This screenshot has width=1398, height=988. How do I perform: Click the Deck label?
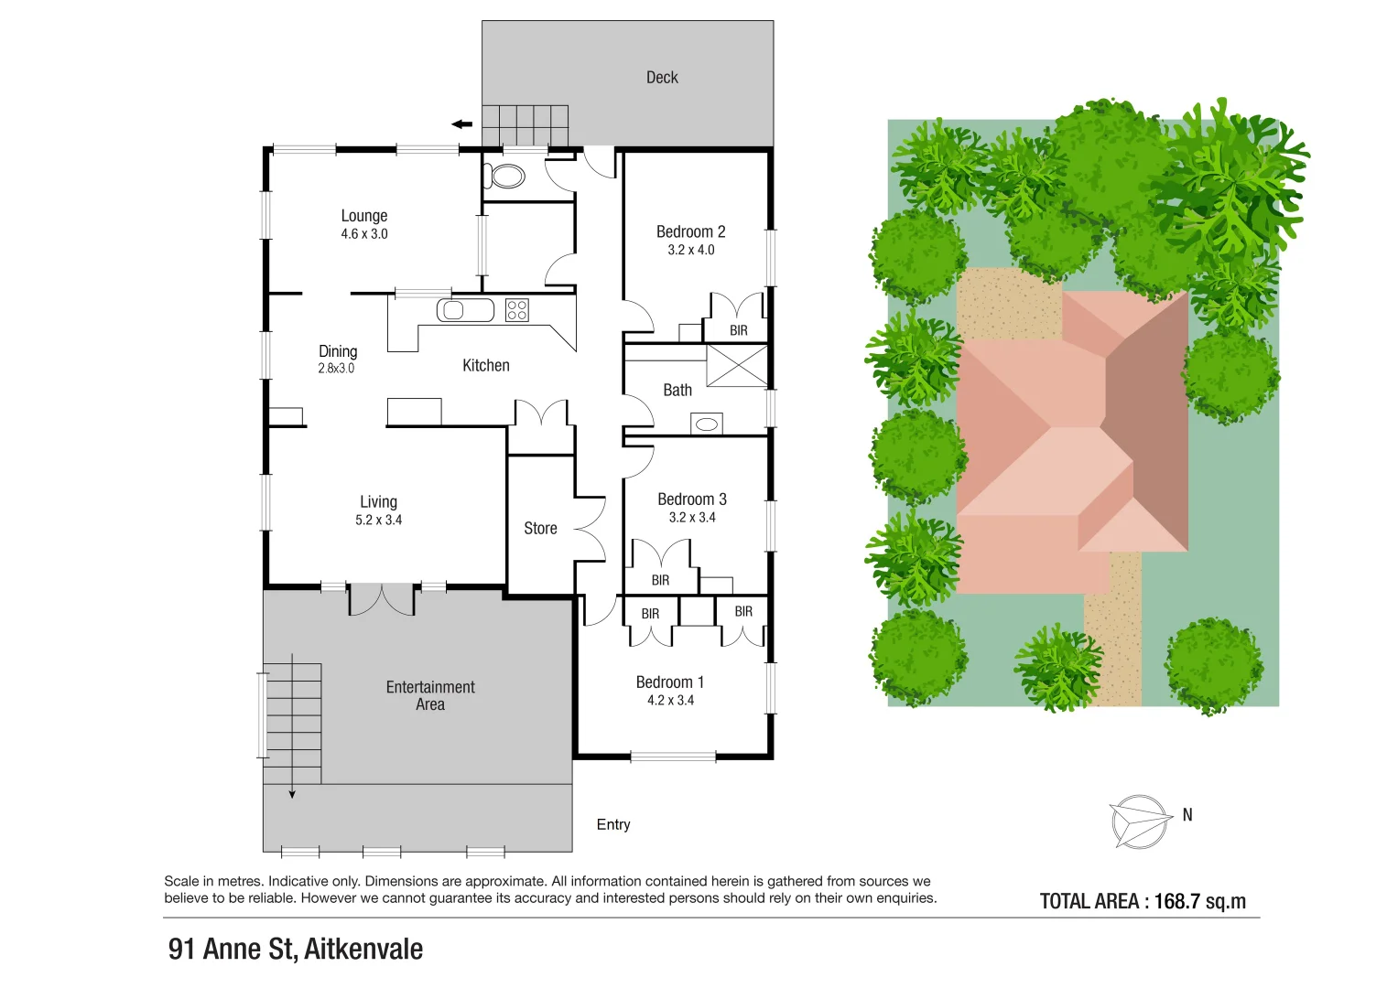coord(662,78)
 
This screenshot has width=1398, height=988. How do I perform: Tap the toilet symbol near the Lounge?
coord(505,176)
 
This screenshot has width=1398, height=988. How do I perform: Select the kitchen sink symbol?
coord(453,310)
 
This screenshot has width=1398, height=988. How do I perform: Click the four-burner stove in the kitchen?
coord(517,310)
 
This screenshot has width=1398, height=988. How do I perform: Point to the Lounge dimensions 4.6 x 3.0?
coord(364,234)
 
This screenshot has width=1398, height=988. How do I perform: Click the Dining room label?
coord(338,351)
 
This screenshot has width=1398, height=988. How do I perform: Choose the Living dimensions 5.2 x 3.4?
coord(378,520)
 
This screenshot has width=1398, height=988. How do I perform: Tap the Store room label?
coord(540,529)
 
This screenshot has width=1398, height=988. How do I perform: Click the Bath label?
coord(677,391)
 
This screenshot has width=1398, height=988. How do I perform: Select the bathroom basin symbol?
coord(707,424)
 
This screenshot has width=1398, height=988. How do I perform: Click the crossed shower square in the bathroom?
coord(737,365)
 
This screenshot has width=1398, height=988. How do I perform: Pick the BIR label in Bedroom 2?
coord(738,330)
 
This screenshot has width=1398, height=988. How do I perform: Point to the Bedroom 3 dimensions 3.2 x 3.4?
coord(692,518)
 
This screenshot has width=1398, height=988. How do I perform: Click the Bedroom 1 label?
coord(670,682)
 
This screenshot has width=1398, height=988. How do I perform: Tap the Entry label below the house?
coord(613,825)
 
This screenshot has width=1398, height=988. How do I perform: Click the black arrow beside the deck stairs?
coord(462,124)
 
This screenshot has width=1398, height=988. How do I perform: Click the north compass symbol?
coord(1140,821)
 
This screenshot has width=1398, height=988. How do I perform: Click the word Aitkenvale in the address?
coord(363,950)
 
